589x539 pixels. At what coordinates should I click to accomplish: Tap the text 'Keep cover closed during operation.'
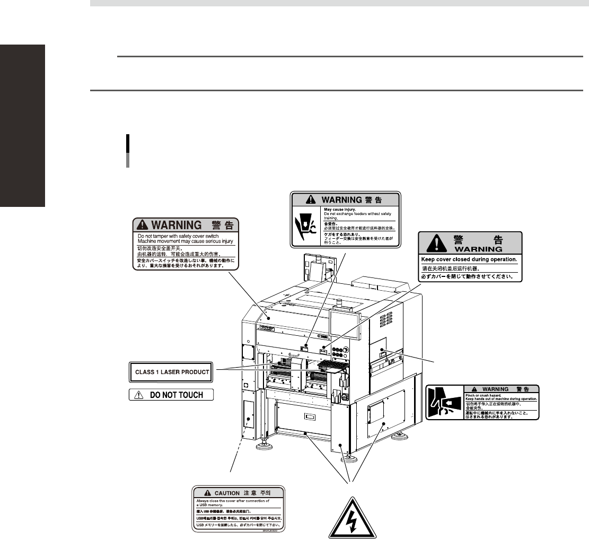469,259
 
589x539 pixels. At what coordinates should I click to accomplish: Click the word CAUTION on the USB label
227,493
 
